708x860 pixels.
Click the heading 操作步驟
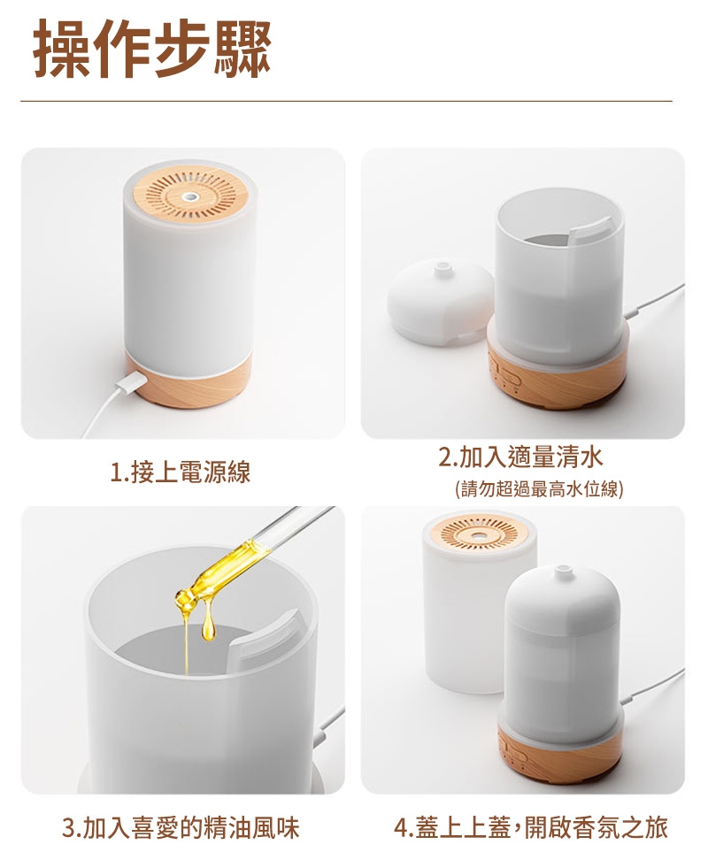pyautogui.click(x=152, y=49)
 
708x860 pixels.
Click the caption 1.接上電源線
pyautogui.click(x=180, y=472)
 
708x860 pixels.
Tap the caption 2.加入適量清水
pyautogui.click(x=520, y=457)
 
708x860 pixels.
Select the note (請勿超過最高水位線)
pyautogui.click(x=539, y=488)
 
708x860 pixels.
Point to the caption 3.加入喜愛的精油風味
pyautogui.click(x=181, y=827)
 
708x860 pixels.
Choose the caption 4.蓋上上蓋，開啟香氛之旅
pyautogui.click(x=531, y=827)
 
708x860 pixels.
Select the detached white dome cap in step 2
pyautogui.click(x=441, y=304)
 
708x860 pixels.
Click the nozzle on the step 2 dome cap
pyautogui.click(x=441, y=268)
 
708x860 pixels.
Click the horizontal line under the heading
pyautogui.click(x=346, y=102)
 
